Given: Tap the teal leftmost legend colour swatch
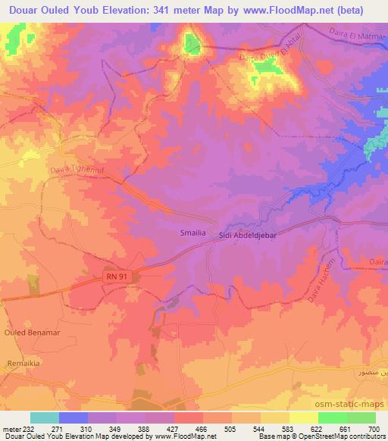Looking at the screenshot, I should (x=45, y=418).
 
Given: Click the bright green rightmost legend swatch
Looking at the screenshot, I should (x=361, y=418).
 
